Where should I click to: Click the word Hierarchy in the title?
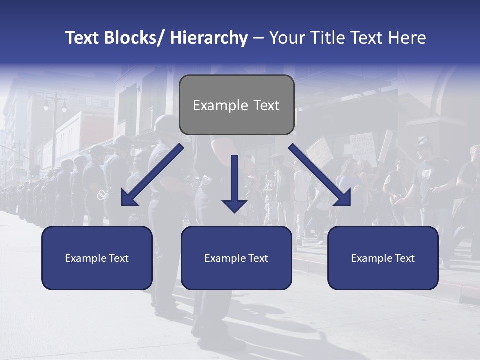coord(209,38)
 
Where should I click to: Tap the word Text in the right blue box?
coord(404,258)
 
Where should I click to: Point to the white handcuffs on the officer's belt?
coord(102,194)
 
